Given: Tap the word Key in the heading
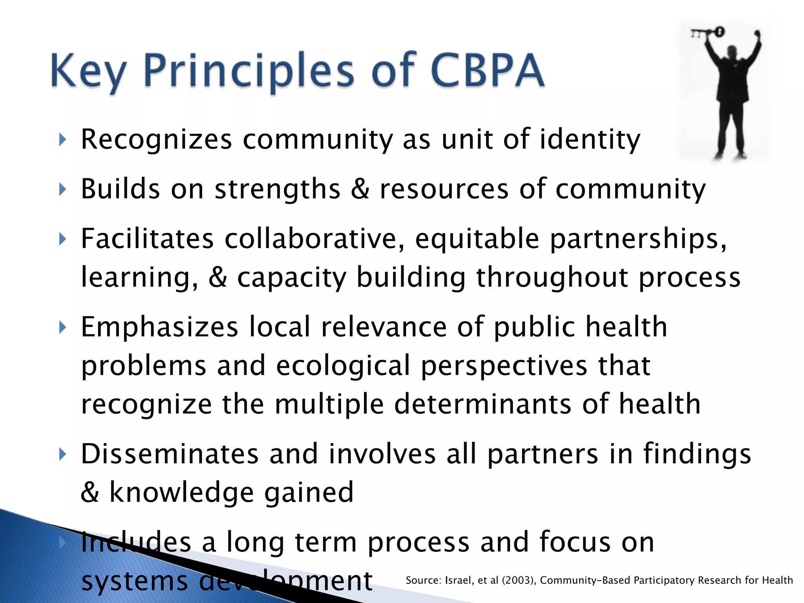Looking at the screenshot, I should (88, 71).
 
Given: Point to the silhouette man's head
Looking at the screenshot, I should (731, 51).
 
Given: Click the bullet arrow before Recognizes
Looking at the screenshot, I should (62, 139).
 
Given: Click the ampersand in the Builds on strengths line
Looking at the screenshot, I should (360, 189).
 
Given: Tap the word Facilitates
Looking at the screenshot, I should (147, 239).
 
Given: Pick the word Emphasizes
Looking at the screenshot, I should (159, 327).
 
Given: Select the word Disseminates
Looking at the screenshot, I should (170, 454).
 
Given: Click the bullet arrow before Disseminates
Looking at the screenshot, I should (62, 455).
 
